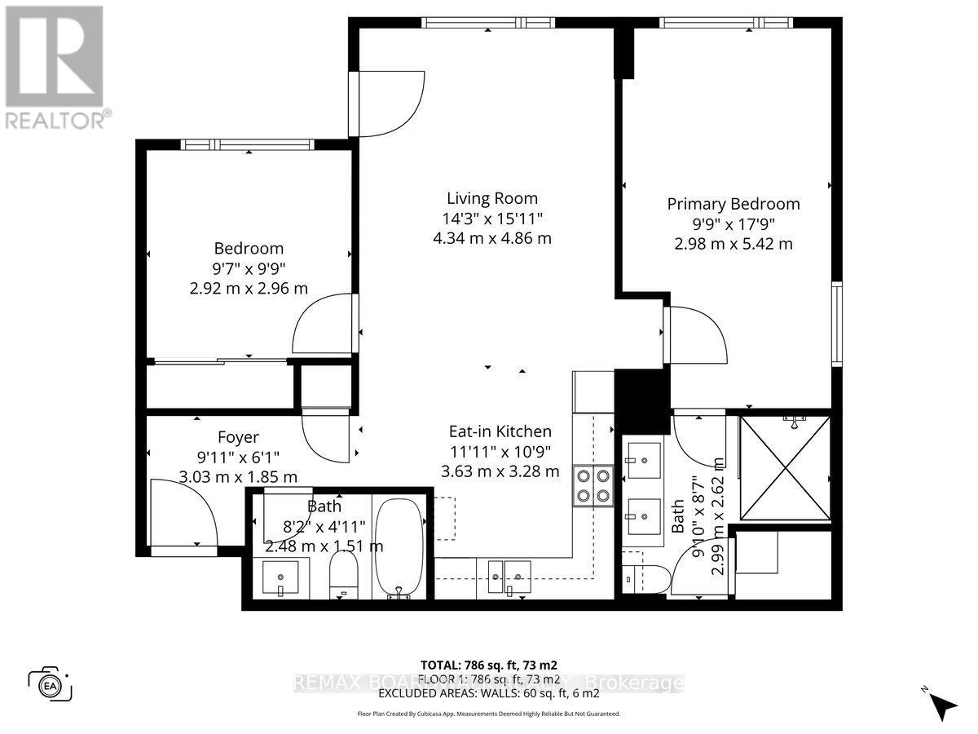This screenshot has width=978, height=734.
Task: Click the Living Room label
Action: click(x=491, y=198)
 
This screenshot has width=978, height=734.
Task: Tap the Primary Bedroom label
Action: click(x=733, y=204)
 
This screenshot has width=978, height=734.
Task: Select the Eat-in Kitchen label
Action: click(x=500, y=431)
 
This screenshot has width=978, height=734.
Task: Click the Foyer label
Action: click(x=238, y=437)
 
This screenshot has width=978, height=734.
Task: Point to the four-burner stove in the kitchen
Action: click(x=593, y=485)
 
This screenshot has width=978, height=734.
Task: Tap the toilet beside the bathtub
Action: click(x=341, y=574)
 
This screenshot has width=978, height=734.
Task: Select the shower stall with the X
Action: click(x=784, y=468)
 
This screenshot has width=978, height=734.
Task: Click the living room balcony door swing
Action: click(x=390, y=102)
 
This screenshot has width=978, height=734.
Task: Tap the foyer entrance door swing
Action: click(x=183, y=513)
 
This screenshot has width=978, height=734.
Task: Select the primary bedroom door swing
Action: click(x=695, y=335)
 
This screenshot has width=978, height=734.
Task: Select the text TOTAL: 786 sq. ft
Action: click(x=488, y=665)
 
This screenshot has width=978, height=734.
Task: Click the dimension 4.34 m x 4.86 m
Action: click(x=491, y=238)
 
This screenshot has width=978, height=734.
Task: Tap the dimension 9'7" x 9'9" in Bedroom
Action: click(x=249, y=268)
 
